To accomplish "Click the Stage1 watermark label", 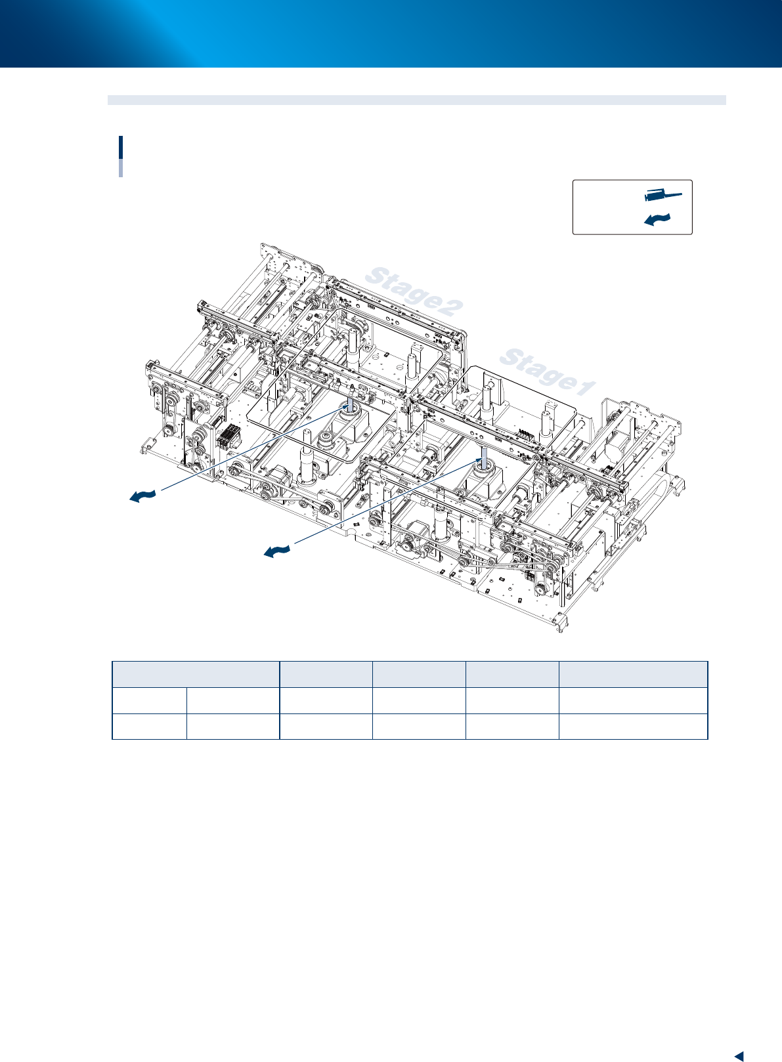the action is [548, 372].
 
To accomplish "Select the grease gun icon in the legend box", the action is [663, 195].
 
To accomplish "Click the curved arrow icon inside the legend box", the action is [657, 219].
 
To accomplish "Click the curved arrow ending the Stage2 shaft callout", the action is [142, 496].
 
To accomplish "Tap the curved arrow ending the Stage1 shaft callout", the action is [277, 551].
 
